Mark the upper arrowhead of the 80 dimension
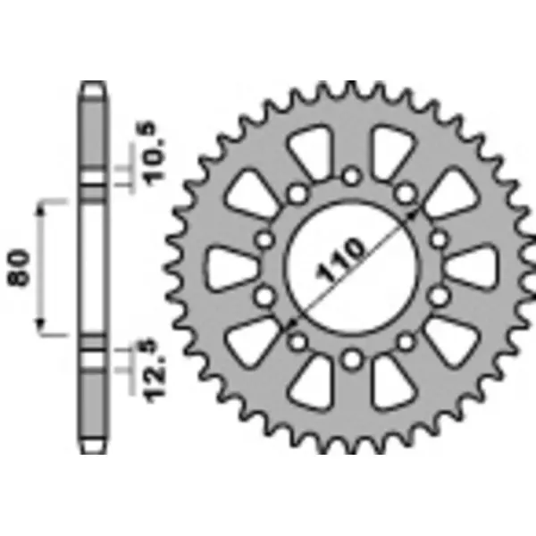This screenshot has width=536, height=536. pyautogui.click(x=40, y=207)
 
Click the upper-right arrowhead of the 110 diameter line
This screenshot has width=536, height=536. pyautogui.click(x=413, y=211)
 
